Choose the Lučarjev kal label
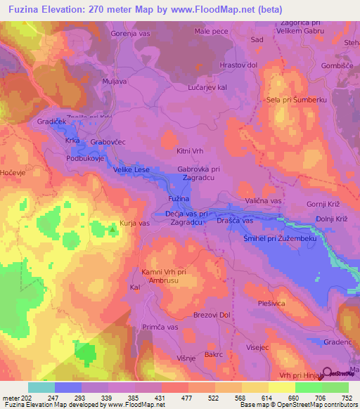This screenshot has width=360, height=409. tap(207, 87)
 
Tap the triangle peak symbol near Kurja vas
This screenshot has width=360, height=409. tap(112, 228)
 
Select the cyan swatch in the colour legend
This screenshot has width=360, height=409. tap(41, 387)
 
